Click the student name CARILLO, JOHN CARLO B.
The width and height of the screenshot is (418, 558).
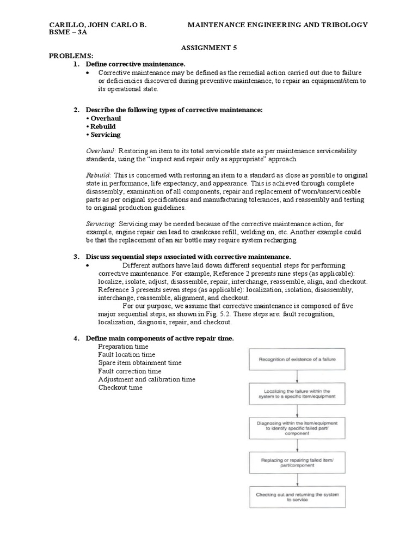pyautogui.click(x=99, y=25)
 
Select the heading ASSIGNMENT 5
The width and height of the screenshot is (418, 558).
pyautogui.click(x=208, y=48)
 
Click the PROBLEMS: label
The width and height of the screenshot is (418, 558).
pyautogui.click(x=71, y=56)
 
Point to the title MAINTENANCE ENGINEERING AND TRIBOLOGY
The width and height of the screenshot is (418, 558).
pyautogui.click(x=278, y=25)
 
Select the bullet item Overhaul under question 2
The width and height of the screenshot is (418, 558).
pyautogui.click(x=105, y=118)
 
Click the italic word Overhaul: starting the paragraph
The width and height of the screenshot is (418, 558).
pyautogui.click(x=101, y=151)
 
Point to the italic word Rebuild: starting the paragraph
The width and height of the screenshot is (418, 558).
pyautogui.click(x=99, y=175)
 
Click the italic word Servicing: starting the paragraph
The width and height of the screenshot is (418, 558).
pyautogui.click(x=101, y=224)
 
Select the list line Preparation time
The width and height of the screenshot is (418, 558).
pyautogui.click(x=123, y=347)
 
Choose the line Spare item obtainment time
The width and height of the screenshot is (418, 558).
pyautogui.click(x=140, y=363)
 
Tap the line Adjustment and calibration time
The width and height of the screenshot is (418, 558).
pyautogui.click(x=146, y=379)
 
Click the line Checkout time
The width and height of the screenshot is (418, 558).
pyautogui.click(x=120, y=387)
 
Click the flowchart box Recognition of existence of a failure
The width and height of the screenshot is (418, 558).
pyautogui.click(x=297, y=359)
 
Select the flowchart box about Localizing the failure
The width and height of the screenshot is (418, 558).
pyautogui.click(x=297, y=393)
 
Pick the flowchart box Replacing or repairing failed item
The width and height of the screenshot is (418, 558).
pyautogui.click(x=297, y=464)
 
